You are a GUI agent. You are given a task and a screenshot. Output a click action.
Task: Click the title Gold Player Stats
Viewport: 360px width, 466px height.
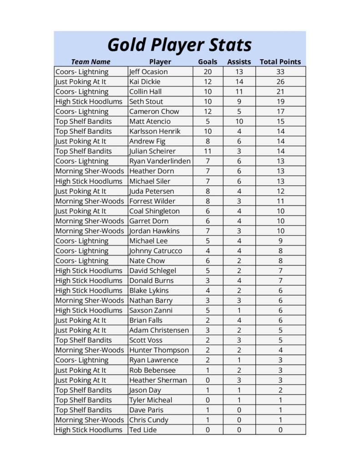point(179,45)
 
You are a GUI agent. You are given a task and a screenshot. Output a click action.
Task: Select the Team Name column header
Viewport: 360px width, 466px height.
point(91,62)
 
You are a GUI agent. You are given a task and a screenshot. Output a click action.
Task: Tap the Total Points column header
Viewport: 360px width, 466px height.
point(280,62)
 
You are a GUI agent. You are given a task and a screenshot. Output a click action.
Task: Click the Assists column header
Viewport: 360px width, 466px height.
point(239,62)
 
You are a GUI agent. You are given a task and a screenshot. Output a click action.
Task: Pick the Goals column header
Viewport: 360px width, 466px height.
point(208,62)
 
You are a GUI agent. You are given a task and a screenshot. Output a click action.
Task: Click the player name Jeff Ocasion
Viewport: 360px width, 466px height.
point(148,72)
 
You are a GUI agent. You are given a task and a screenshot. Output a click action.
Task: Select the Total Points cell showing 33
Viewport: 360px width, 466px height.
point(280,72)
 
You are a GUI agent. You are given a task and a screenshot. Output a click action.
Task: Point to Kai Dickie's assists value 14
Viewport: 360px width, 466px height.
point(239,82)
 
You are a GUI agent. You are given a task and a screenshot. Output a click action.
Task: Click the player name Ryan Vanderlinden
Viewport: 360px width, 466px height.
point(160,161)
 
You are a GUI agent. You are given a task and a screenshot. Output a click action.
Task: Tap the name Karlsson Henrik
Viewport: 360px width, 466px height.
point(155,132)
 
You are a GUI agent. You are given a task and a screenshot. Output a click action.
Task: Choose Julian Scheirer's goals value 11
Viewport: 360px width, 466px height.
point(208,151)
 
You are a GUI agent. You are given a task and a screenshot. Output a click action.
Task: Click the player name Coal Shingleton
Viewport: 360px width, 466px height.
point(154,211)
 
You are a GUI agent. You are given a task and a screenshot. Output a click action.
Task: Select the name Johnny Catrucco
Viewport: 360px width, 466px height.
point(155,251)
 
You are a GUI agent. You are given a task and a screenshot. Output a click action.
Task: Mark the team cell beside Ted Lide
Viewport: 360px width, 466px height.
point(89,430)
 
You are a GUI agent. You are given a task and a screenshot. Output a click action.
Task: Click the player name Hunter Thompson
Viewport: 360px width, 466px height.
point(159,350)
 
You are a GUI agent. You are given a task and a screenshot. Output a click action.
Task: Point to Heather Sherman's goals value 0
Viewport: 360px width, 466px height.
point(208,380)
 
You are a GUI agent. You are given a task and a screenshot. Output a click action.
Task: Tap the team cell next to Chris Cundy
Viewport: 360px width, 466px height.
point(89,420)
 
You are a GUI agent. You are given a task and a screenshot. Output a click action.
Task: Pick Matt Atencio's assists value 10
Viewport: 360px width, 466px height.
point(239,122)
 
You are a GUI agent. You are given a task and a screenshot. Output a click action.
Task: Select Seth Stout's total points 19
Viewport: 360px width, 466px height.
point(280,101)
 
